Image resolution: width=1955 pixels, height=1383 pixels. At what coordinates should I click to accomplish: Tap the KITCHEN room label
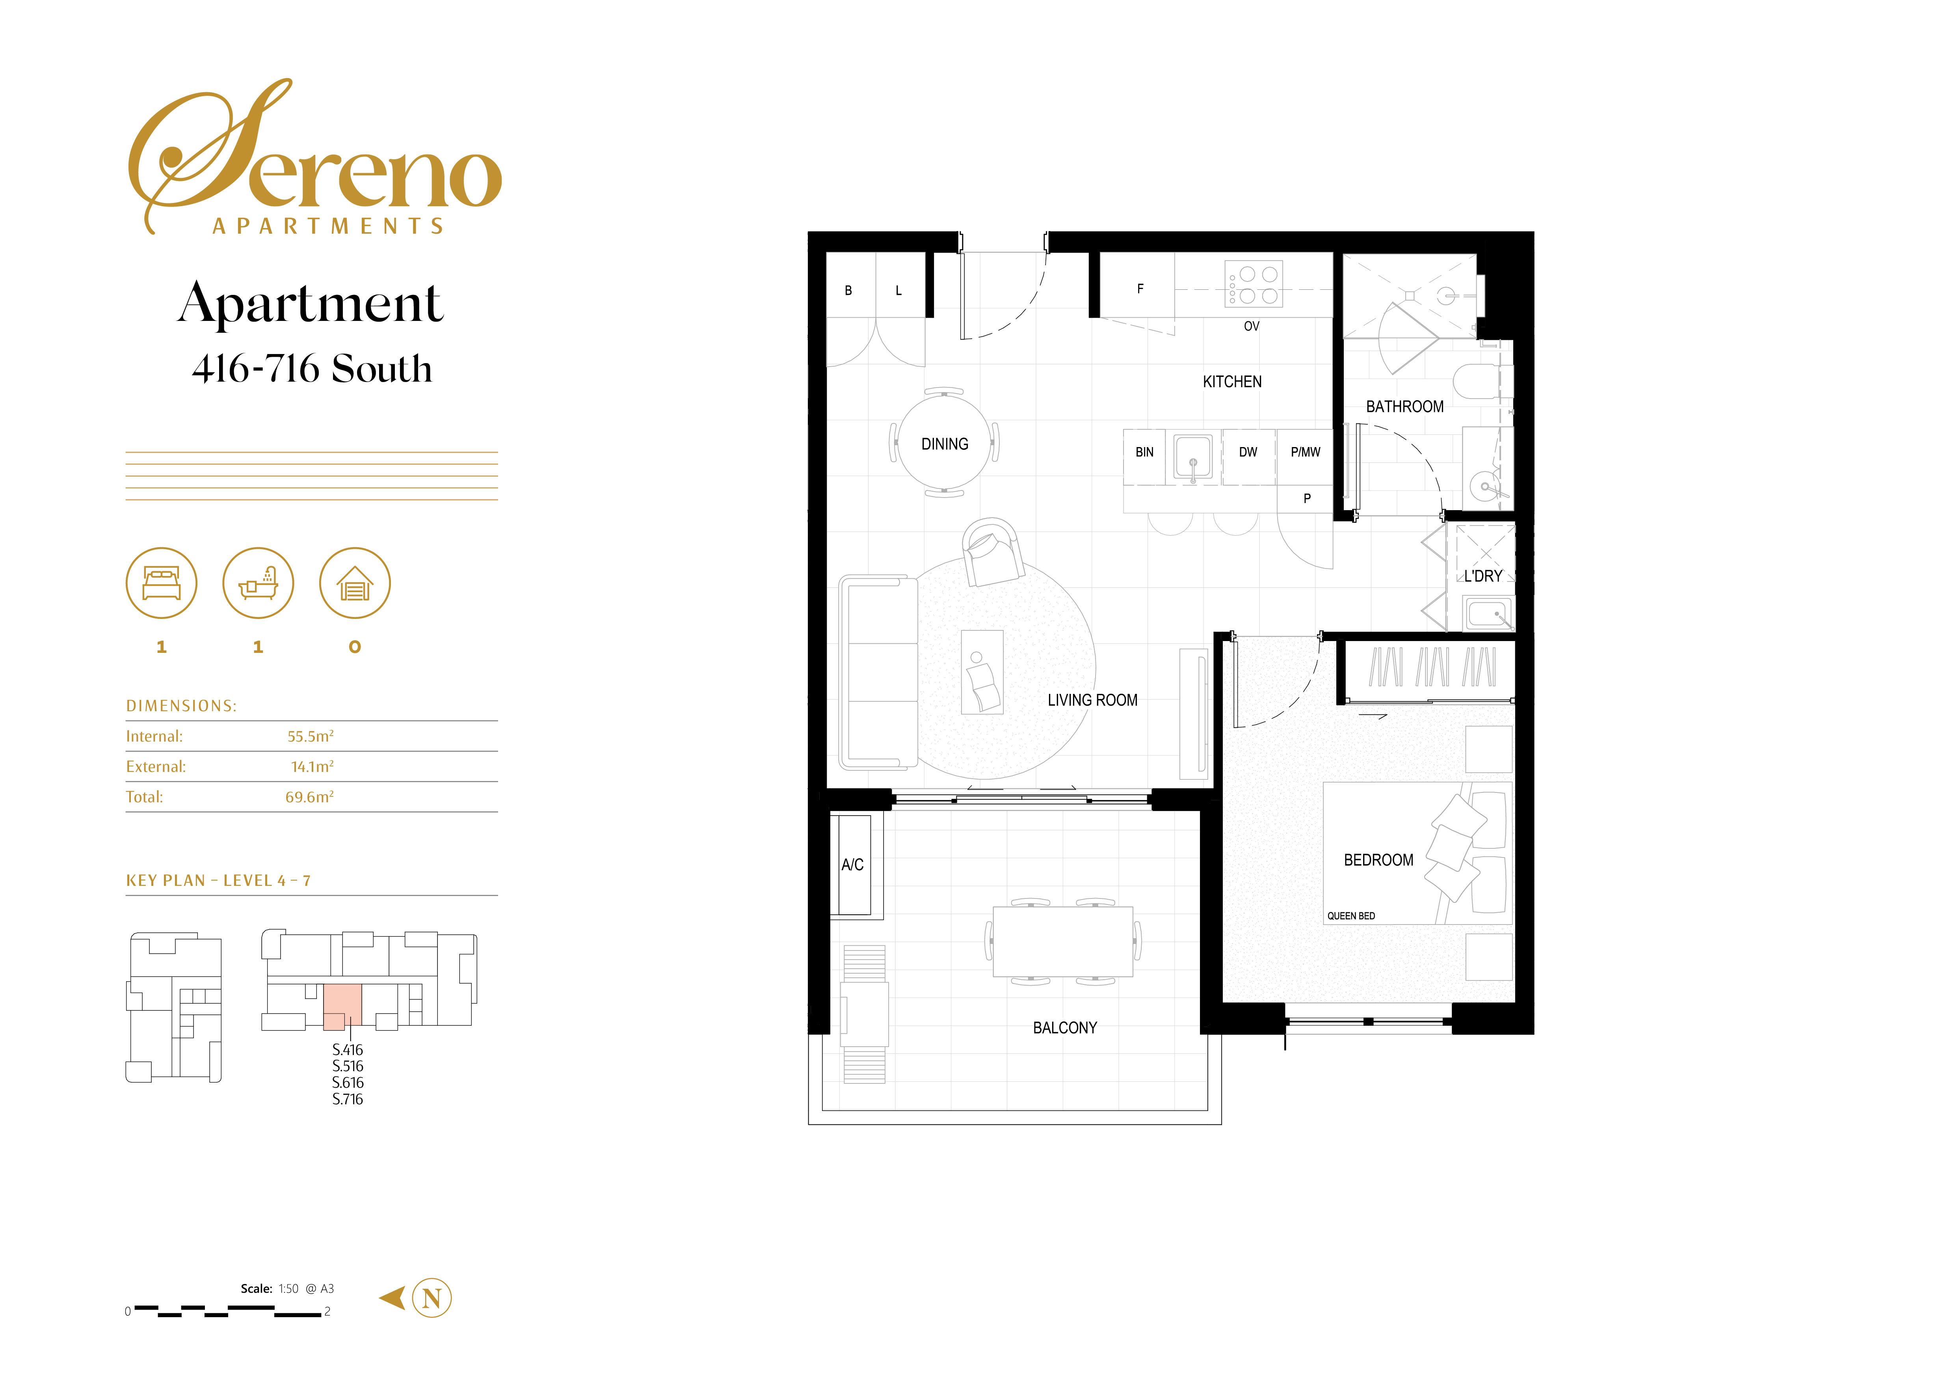pos(1232,382)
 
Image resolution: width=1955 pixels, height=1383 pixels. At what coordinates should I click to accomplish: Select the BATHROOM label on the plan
pos(1405,407)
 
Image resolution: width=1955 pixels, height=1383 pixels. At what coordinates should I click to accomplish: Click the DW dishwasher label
pos(1248,452)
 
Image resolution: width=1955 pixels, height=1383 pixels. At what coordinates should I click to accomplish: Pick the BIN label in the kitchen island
pos(1144,452)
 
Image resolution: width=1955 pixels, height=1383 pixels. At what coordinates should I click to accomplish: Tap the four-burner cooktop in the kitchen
pos(1254,284)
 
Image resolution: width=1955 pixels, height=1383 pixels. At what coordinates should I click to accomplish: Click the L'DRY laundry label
pos(1483,576)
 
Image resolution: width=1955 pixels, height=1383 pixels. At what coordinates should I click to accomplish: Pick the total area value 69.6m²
pos(309,797)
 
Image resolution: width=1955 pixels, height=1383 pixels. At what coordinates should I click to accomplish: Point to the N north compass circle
pos(432,1299)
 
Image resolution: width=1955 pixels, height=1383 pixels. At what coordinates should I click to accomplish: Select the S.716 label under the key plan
pos(348,1100)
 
